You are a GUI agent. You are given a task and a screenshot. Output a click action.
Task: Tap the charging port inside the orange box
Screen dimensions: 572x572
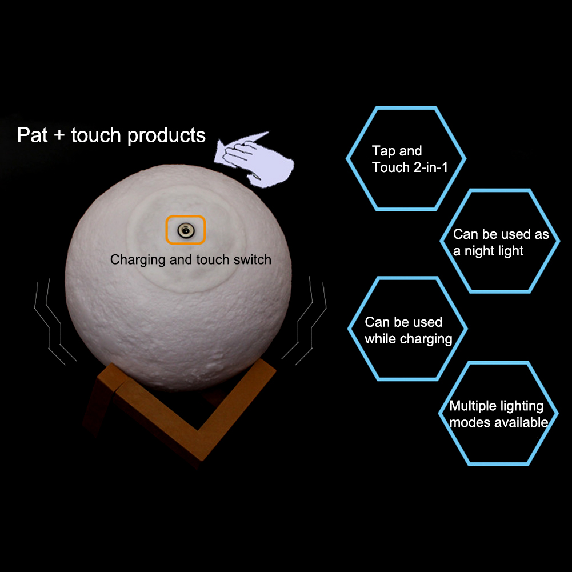(185, 230)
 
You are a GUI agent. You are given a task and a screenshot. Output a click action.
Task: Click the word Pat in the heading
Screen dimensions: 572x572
(33, 135)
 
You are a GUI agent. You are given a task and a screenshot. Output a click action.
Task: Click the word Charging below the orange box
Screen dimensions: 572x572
(137, 260)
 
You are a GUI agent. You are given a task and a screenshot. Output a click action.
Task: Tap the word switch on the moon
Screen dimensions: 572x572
(252, 260)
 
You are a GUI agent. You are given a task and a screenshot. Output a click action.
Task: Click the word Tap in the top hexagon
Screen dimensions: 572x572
(385, 151)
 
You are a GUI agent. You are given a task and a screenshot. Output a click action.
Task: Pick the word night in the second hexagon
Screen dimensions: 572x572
(486, 251)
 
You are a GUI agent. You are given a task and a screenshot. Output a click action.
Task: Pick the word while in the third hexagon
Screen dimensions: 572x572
(381, 339)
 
